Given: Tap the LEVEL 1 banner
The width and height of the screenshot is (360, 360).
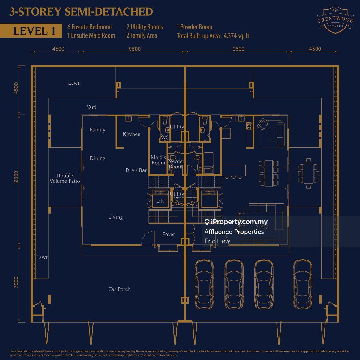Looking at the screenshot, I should click(x=34, y=31).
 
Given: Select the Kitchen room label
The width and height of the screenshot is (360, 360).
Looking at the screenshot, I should click(x=131, y=134).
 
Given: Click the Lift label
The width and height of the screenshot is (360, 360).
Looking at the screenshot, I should click(x=160, y=201).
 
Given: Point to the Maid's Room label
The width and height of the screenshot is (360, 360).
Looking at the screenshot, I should click(x=158, y=160).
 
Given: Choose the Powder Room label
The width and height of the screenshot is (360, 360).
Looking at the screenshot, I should click(x=176, y=164).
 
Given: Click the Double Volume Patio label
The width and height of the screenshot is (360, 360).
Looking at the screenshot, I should click(x=65, y=178).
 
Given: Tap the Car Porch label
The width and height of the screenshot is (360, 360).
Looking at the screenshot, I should click(x=119, y=289).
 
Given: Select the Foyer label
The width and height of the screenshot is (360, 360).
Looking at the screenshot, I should click(x=169, y=234).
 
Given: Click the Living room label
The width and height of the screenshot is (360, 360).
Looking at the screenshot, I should click(x=115, y=217).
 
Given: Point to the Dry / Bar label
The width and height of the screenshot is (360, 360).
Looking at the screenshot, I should click(x=136, y=170).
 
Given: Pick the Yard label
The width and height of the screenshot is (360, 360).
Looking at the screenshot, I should click(x=91, y=107).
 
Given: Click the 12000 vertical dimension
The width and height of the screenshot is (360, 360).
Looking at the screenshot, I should click(x=16, y=178).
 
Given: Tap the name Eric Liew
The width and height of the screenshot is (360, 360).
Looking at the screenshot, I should click(x=217, y=241).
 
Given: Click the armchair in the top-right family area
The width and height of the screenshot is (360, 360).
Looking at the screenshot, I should click(x=263, y=123).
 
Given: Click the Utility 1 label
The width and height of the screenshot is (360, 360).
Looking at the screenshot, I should click(x=177, y=129).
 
